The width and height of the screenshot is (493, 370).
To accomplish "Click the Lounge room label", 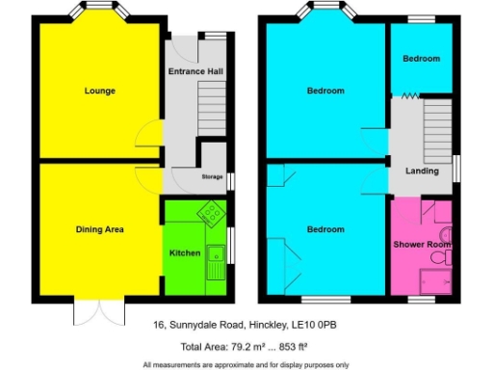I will coord(99,92).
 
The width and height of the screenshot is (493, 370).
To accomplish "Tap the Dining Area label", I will coord(100,229).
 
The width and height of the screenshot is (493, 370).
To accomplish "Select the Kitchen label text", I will coord(185,253).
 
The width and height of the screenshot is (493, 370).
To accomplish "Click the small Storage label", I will coord(212,177).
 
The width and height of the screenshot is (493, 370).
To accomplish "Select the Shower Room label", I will coord(422,244).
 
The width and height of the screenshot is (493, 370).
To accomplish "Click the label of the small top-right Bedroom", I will coord(421,59).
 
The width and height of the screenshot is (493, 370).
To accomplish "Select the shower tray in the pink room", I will coord(436,279).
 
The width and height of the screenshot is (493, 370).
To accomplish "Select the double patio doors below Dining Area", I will coord(99,309).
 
